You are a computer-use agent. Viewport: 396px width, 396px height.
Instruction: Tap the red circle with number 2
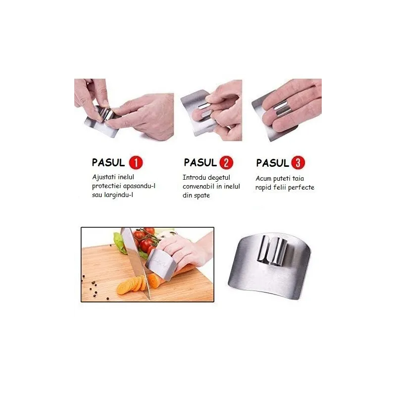click(226, 162)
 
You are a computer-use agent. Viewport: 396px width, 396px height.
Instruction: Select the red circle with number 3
click(298, 162)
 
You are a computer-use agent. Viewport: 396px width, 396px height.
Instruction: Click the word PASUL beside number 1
click(109, 162)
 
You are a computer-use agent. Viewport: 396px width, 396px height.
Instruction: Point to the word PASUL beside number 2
click(200, 162)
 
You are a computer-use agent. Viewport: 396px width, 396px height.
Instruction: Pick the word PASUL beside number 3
click(272, 162)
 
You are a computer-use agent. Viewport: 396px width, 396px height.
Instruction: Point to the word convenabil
click(199, 187)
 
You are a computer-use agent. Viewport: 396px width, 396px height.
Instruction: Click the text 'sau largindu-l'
click(113, 196)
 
